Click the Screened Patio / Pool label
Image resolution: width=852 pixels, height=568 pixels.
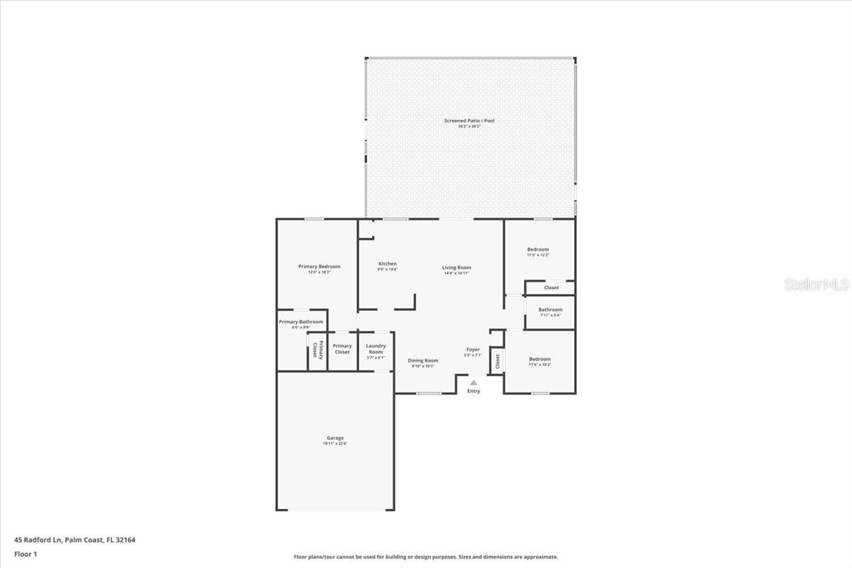[469, 121]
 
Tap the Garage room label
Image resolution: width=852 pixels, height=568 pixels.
[335, 438]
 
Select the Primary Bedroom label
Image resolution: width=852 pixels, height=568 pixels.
[319, 267]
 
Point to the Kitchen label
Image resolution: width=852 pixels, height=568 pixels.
[387, 264]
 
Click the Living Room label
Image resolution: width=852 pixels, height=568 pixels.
[457, 268]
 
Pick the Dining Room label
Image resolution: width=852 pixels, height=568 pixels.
[422, 361]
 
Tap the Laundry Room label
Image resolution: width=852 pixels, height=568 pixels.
[376, 349]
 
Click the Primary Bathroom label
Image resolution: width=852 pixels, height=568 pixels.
[301, 322]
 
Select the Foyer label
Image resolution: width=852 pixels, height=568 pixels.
[473, 349]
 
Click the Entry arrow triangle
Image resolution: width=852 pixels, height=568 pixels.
[474, 383]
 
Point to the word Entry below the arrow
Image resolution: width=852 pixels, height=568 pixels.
[474, 391]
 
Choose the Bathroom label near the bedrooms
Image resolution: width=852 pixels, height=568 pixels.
[550, 310]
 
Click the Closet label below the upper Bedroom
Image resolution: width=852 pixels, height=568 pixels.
[552, 288]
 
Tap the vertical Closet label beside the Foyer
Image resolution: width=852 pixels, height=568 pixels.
[497, 361]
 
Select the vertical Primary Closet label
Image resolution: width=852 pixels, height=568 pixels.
[317, 350]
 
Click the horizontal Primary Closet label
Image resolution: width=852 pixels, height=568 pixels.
[342, 349]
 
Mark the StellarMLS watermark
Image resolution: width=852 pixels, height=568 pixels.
[816, 285]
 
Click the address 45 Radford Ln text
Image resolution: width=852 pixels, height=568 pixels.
[75, 540]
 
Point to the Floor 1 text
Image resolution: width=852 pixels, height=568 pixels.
[26, 554]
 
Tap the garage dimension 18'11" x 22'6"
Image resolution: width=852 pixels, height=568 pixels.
[335, 444]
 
